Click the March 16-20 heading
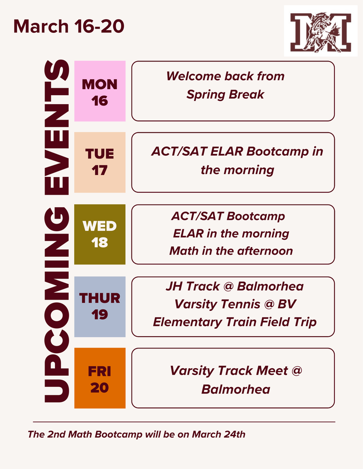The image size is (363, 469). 69,26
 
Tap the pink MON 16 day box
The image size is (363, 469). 100,92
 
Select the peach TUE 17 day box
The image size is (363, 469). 100,162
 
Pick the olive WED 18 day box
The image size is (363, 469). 100,234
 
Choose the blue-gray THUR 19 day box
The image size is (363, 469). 100,306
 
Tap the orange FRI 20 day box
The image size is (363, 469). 100,378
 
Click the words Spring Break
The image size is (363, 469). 225,94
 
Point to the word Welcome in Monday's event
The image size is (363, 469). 192,76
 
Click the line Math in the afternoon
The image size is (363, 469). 231,251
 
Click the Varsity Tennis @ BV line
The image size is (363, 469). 235,305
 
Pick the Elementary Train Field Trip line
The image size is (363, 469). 235,322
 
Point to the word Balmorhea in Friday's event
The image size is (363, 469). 235,389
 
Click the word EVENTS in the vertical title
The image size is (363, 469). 56,127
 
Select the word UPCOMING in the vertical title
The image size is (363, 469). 56,305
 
